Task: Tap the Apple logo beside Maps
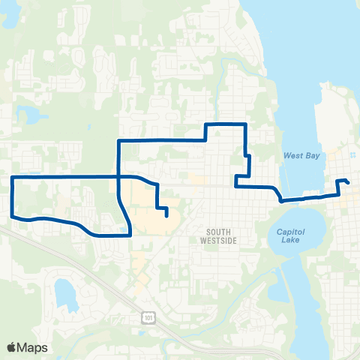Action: tap(11, 347)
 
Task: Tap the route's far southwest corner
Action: tap(13, 217)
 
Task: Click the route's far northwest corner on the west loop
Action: tap(12, 177)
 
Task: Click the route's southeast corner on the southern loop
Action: tap(130, 235)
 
